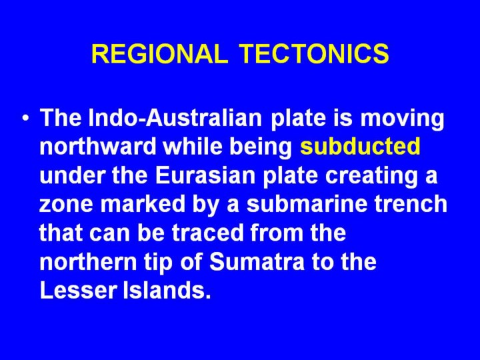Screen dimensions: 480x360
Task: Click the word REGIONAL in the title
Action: [160, 53]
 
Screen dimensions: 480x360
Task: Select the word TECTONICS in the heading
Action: [315, 53]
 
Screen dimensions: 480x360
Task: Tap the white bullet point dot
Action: [27, 118]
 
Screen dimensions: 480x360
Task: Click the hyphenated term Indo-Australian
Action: [175, 118]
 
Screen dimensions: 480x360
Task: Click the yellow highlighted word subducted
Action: [360, 147]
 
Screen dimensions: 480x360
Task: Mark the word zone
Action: [66, 204]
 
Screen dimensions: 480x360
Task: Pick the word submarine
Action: [307, 204]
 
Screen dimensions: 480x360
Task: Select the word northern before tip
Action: [88, 262]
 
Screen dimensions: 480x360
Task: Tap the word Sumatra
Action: [257, 262]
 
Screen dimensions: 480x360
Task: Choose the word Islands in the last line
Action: [167, 290]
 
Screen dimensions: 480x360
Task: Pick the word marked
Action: [143, 204]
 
